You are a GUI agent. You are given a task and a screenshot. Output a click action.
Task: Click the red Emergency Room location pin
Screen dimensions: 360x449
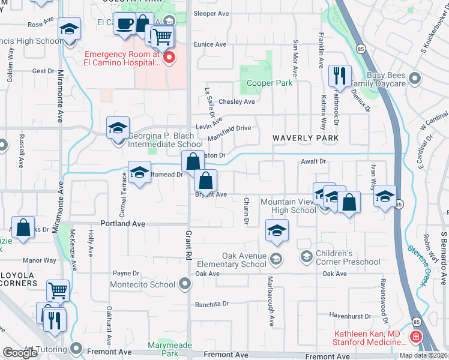[169, 58]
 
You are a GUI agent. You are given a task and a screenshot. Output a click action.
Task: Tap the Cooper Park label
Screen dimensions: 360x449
[267, 83]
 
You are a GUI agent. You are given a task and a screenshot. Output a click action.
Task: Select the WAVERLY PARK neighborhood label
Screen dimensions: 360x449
[306, 138]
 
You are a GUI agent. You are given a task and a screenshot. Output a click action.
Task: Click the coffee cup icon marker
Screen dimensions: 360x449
[124, 24]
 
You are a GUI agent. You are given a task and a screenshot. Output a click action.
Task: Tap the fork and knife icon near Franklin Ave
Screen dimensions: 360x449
[340, 76]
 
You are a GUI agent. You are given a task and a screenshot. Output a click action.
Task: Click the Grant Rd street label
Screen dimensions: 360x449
[188, 245]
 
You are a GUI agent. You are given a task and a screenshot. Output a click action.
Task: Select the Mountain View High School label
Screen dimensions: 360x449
[288, 206]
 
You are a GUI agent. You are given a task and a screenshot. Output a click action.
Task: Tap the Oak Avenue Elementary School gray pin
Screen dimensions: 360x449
[276, 259]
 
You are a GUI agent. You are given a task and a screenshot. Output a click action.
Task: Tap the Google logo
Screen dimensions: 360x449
[19, 353]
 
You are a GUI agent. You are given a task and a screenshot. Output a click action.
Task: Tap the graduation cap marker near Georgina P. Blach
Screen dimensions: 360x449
[118, 127]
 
